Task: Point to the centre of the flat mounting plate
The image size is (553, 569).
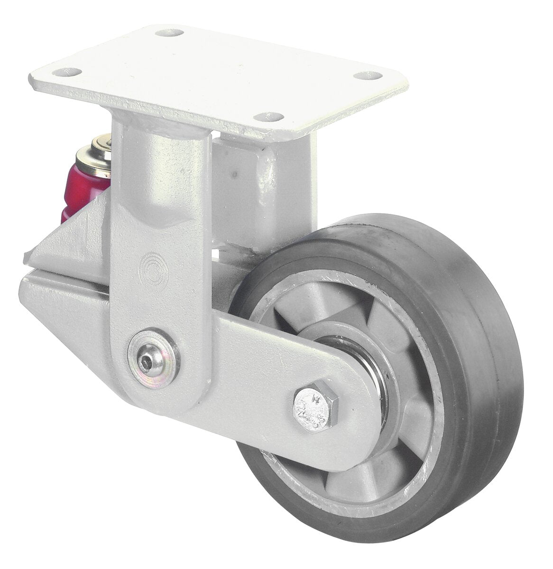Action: click(x=213, y=71)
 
